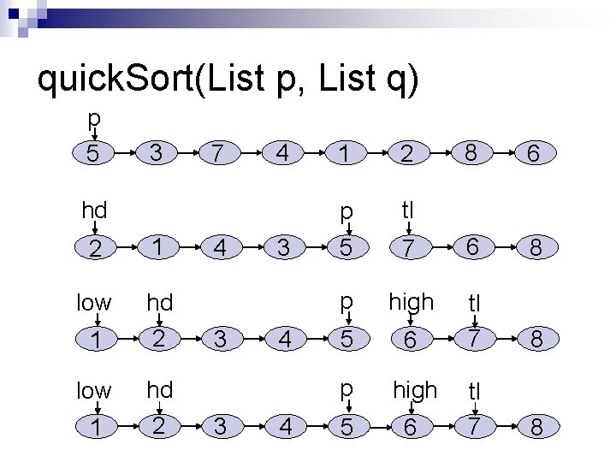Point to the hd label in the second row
click(x=95, y=210)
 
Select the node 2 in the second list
click(x=95, y=249)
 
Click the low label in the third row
click(x=93, y=302)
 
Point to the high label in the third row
click(x=412, y=301)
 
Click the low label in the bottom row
click(x=93, y=391)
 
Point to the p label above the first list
click(x=95, y=117)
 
